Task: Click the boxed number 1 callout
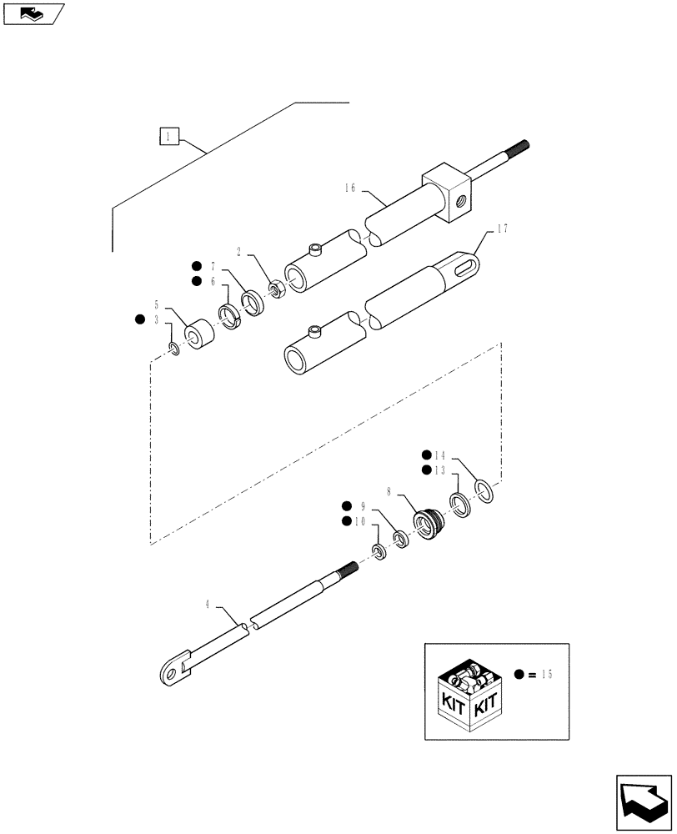[169, 136]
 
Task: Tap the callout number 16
[348, 189]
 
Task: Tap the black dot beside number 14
[426, 455]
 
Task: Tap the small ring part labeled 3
[173, 349]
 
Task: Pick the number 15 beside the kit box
[545, 674]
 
